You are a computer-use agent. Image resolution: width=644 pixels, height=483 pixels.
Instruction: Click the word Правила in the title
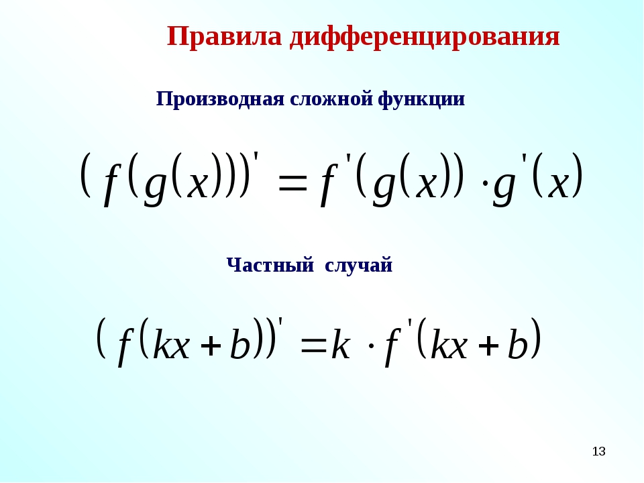pos(224,36)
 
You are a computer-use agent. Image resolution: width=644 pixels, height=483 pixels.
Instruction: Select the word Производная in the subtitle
pos(220,100)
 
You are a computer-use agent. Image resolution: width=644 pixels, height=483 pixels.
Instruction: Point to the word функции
pos(421,100)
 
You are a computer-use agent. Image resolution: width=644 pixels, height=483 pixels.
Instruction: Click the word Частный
pos(270,265)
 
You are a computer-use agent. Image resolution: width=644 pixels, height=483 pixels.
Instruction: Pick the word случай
pos(358,265)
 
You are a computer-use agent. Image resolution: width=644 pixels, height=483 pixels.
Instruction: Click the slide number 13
pos(599,451)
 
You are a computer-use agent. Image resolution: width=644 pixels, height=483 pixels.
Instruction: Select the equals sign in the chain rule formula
pos(292,182)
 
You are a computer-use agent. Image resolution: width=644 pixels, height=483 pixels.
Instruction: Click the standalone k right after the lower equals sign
pos(341,342)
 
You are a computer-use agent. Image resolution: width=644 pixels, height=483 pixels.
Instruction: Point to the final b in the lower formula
pos(517,341)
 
